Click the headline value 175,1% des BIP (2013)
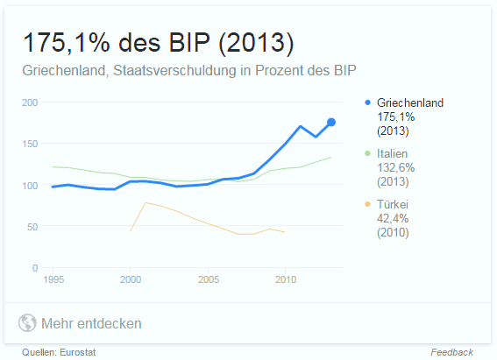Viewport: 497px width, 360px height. point(158,43)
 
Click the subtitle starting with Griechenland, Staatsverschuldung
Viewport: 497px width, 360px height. point(190,70)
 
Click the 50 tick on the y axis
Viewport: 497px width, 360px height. point(32,226)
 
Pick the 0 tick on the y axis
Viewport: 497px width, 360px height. point(34,267)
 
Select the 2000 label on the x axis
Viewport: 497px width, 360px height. point(130,279)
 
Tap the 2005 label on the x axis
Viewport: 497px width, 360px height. point(208,279)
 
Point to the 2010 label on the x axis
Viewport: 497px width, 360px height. point(285,279)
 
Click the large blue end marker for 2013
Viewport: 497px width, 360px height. point(331,122)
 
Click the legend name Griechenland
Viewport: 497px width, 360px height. point(410,102)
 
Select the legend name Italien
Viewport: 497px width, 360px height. point(395,153)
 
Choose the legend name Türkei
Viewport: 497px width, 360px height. point(394,203)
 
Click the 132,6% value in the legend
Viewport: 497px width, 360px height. point(395,167)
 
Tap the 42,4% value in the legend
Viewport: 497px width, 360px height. point(392,218)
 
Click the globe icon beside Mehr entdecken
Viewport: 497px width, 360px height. point(27,323)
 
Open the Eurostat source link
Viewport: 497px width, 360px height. point(77,352)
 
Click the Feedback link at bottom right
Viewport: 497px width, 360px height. point(451,352)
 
